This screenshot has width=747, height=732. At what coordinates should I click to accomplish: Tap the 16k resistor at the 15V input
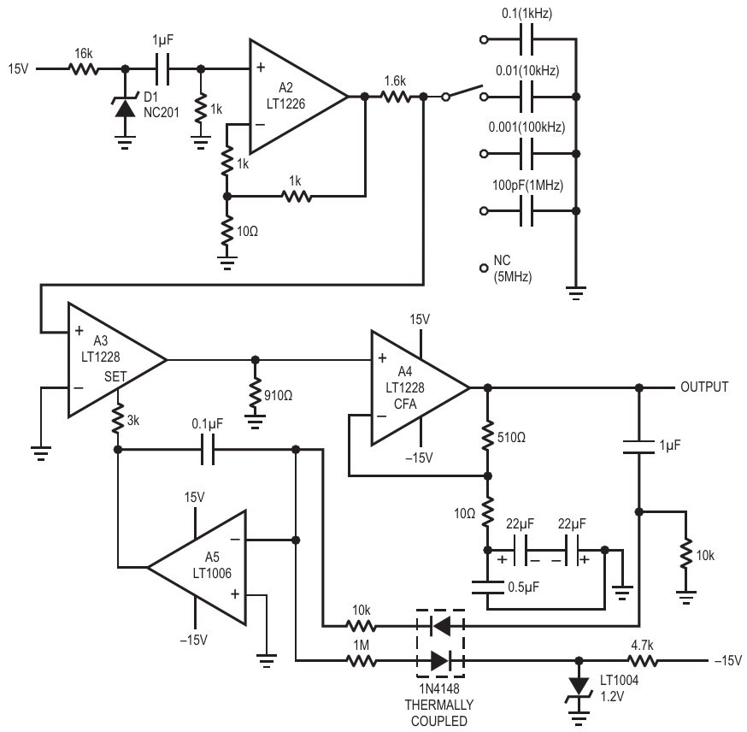[x=84, y=69]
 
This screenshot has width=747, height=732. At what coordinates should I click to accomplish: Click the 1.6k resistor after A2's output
[x=396, y=97]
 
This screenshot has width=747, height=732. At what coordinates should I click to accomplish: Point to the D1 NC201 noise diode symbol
[x=126, y=109]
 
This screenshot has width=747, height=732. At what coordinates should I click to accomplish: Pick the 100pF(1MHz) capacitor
[x=526, y=210]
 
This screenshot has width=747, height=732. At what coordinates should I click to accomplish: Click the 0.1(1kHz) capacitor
[x=526, y=39]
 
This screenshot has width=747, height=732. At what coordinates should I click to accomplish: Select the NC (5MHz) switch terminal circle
[x=484, y=269]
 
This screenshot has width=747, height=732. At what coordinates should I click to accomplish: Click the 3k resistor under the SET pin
[x=118, y=419]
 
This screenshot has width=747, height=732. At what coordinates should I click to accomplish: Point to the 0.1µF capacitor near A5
[x=207, y=450]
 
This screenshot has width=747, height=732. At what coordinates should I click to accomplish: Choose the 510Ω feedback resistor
[x=487, y=436]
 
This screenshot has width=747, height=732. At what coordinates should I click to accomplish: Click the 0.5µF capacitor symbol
[x=487, y=587]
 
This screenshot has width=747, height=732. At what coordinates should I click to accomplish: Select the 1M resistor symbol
[x=362, y=661]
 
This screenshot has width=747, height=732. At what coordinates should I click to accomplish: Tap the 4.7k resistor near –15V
[x=643, y=661]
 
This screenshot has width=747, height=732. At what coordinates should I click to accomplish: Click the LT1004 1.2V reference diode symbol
[x=579, y=688]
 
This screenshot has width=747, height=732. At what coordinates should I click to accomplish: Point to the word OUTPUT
[x=704, y=387]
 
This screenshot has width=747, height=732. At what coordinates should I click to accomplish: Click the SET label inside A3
[x=115, y=376]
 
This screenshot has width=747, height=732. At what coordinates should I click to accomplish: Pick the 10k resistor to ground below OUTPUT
[x=686, y=554]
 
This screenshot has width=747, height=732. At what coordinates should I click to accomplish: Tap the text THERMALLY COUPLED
[x=439, y=712]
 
